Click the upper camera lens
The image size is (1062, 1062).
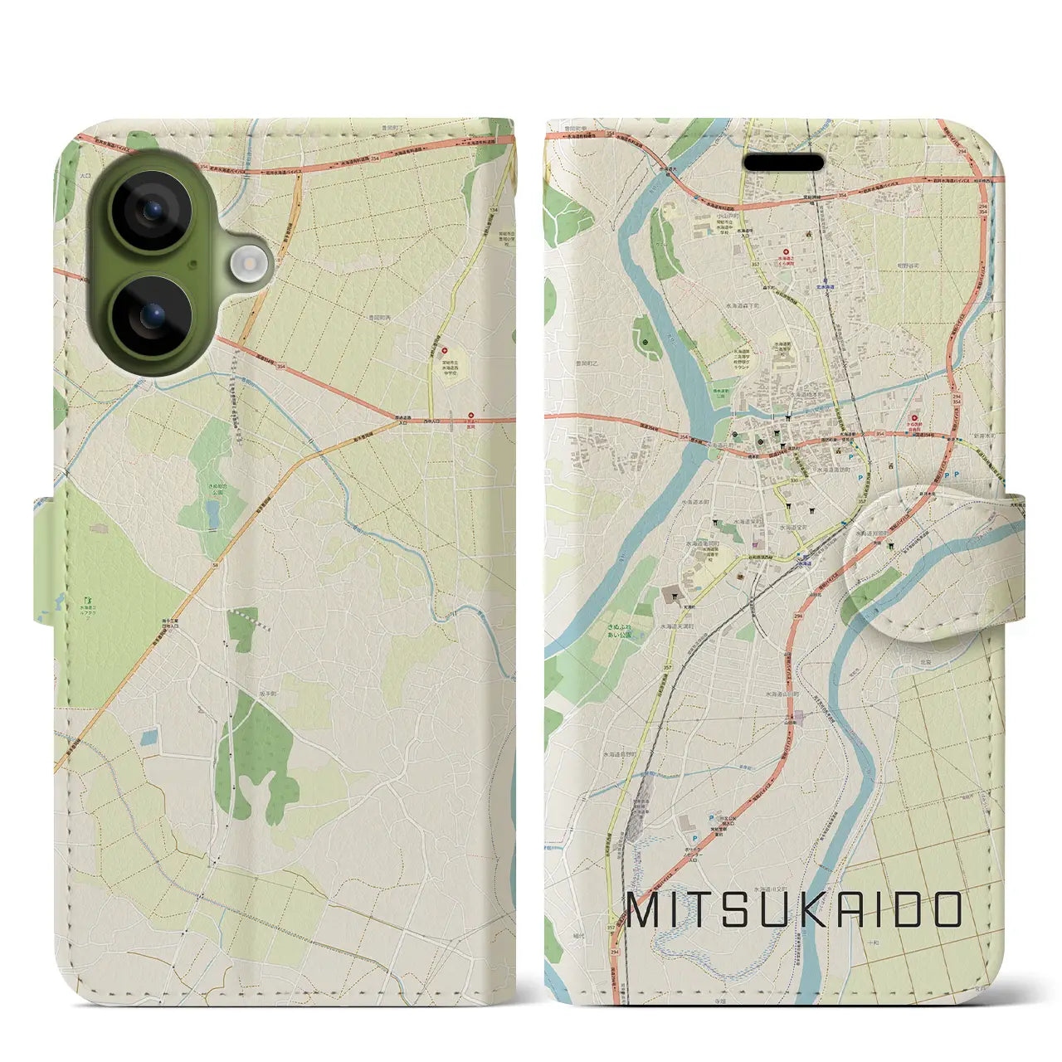152,211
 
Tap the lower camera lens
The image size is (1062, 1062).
152,316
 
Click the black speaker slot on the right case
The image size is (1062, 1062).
783,161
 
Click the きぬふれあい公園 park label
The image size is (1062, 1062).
617,631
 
